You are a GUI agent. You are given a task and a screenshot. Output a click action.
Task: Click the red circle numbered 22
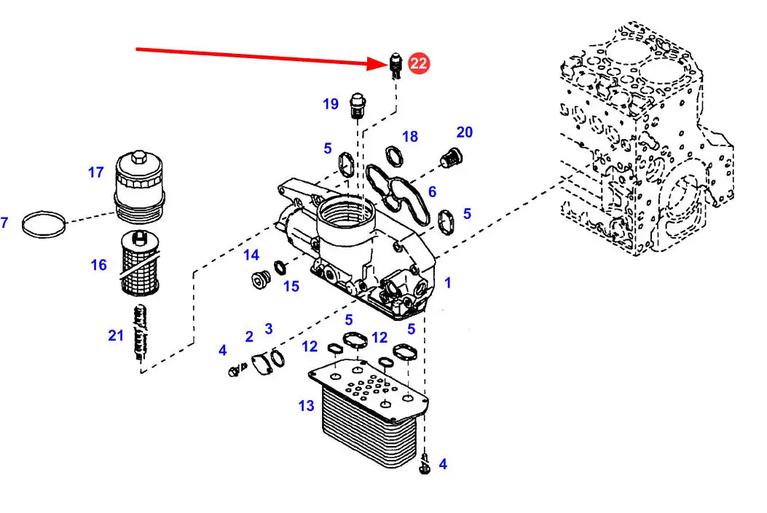[419, 63]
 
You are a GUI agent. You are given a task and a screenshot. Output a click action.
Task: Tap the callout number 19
[331, 104]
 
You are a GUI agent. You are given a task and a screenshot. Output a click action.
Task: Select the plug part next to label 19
[357, 105]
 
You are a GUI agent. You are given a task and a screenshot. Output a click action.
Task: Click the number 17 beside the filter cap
[96, 172]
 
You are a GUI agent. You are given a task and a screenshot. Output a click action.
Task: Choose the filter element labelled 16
[138, 262]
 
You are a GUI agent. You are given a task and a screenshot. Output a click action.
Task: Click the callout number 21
[117, 335]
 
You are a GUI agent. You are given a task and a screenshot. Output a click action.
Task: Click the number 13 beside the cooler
[306, 406]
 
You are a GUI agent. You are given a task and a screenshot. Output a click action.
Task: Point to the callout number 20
[465, 132]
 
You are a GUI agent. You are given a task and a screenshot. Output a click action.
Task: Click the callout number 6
[432, 191]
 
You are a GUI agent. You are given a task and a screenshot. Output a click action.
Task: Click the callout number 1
[448, 282]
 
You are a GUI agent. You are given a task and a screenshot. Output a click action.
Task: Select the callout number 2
[248, 336]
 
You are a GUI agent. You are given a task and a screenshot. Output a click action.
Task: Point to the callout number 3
[269, 329]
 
